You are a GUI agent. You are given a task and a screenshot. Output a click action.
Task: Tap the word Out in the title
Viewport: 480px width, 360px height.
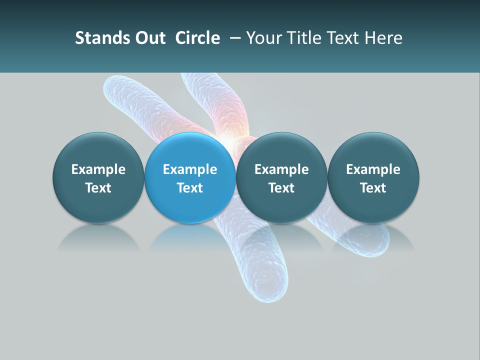pyautogui.click(x=148, y=38)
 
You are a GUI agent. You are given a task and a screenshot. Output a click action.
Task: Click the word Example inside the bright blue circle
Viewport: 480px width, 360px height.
pyautogui.click(x=190, y=169)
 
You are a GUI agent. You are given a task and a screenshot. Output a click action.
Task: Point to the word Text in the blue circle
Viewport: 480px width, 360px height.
pyautogui.click(x=190, y=188)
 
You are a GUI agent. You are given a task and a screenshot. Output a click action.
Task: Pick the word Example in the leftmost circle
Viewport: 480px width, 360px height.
pyautogui.click(x=98, y=169)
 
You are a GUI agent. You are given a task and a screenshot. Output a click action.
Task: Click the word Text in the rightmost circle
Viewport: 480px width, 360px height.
pyautogui.click(x=373, y=188)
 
